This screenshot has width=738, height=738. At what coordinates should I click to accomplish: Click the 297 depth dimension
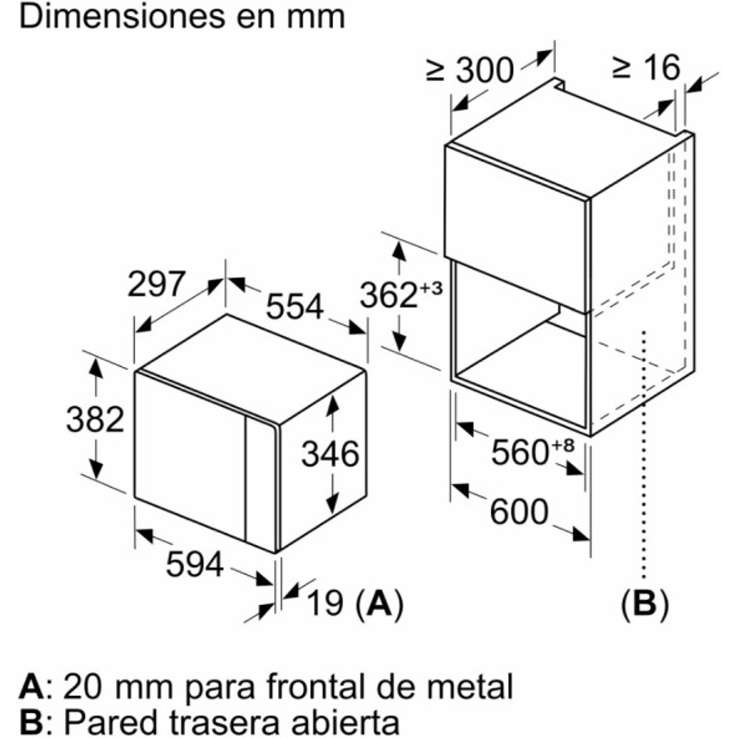click(x=156, y=284)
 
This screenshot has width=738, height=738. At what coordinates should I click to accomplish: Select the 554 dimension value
click(x=295, y=307)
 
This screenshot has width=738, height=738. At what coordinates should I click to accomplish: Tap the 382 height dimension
click(x=94, y=420)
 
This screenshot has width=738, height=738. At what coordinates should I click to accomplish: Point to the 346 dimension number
click(x=330, y=454)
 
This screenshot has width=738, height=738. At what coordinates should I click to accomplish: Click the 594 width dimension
click(x=194, y=565)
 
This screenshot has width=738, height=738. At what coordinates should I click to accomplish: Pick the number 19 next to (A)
click(x=324, y=602)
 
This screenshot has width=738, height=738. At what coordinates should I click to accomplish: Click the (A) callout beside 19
click(x=379, y=604)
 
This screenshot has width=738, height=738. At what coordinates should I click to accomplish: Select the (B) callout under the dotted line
click(x=644, y=604)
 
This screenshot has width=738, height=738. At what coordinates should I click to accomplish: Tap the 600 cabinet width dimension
click(x=519, y=511)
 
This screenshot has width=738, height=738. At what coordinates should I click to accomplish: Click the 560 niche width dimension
click(x=519, y=453)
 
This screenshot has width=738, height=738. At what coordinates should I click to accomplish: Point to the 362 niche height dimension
click(x=389, y=295)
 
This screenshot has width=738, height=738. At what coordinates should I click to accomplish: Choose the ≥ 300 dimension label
click(x=470, y=71)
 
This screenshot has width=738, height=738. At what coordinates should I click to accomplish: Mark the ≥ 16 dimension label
click(x=646, y=67)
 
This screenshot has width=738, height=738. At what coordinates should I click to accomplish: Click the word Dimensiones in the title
click(x=116, y=16)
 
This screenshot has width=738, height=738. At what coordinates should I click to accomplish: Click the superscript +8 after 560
click(x=562, y=445)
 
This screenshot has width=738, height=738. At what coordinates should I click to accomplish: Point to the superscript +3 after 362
click(x=430, y=287)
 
